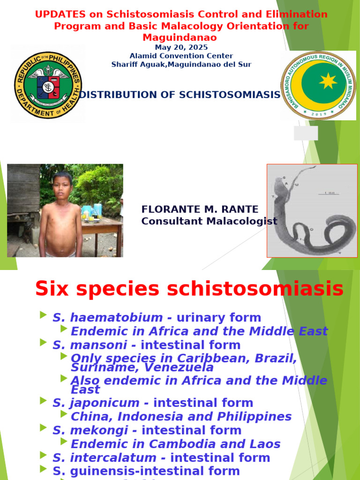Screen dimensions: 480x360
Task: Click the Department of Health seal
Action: tap(48, 85)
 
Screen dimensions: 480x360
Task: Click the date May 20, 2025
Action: tap(181, 47)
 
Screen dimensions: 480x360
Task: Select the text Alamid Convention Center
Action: tap(181, 56)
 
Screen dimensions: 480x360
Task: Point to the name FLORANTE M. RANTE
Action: tap(200, 209)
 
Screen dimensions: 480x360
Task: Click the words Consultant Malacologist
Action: tap(209, 221)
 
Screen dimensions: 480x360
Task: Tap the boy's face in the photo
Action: tap(63, 186)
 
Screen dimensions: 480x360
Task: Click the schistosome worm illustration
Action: tap(312, 210)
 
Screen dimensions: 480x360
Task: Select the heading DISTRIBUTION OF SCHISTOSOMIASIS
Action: tap(180, 95)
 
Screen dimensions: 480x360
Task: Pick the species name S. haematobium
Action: tap(108, 317)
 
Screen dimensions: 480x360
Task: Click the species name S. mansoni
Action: tap(90, 345)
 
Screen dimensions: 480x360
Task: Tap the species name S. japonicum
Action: tap(96, 403)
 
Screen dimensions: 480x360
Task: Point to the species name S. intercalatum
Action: tap(105, 457)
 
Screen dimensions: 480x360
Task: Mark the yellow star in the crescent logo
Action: tap(328, 81)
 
